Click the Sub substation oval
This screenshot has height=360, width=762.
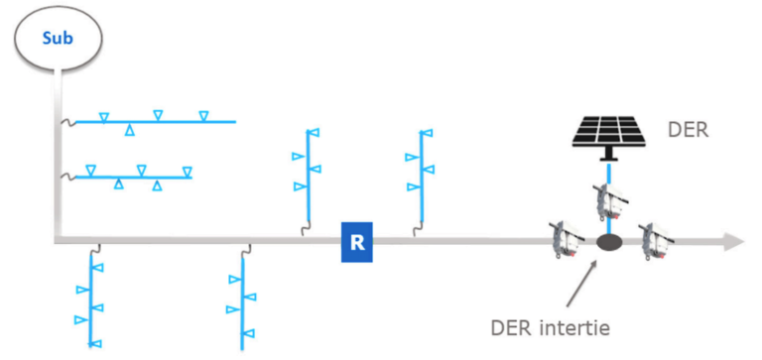(x=57, y=41)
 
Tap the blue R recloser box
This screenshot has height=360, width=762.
(x=356, y=244)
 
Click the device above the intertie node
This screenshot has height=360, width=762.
(x=607, y=201)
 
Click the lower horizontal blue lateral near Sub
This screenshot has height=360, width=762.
(x=134, y=177)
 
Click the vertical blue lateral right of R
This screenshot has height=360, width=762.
(x=421, y=175)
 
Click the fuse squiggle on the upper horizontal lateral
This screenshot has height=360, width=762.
(x=68, y=122)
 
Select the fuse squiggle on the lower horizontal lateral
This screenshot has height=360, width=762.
(x=68, y=178)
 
